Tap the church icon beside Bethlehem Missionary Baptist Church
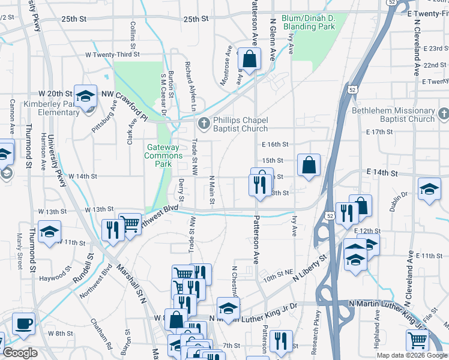[x=443, y=113]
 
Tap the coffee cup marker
[x=23, y=324]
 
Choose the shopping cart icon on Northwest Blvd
[x=130, y=224]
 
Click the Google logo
[x=19, y=353]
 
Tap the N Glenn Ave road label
[x=273, y=38]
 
